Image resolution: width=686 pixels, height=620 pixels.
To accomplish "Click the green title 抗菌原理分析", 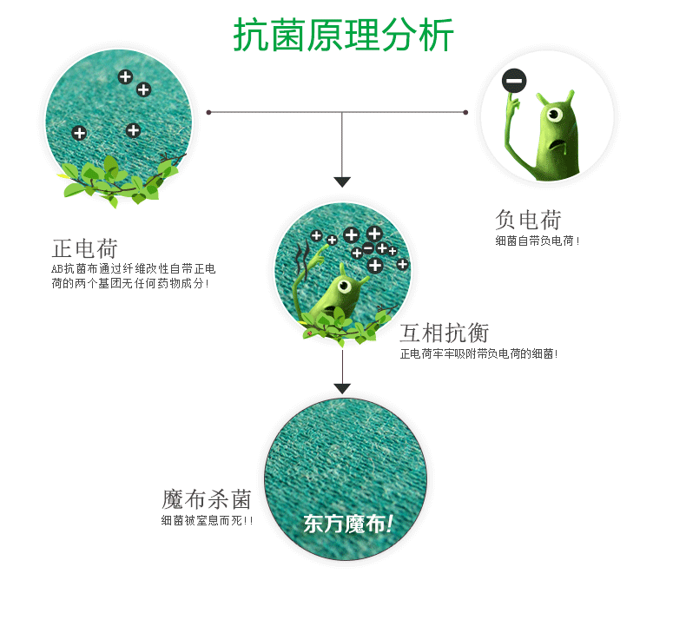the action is tap(343, 36).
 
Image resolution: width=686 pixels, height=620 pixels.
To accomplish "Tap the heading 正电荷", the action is tap(85, 248).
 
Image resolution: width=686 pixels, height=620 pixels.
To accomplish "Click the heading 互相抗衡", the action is tap(445, 333).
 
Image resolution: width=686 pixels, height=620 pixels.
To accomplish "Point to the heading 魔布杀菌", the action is tap(207, 499).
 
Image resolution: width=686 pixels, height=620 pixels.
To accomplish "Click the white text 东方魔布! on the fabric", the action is tap(347, 524).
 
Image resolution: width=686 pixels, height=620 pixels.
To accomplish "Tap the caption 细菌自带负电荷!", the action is tap(538, 241).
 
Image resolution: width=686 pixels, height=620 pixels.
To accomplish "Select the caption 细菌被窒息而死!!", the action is tap(208, 521).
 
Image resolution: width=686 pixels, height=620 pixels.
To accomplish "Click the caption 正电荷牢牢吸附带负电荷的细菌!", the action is tap(478, 353).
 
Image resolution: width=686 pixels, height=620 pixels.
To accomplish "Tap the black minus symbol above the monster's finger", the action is tap(514, 82).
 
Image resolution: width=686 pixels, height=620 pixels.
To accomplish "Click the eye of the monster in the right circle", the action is tap(553, 113).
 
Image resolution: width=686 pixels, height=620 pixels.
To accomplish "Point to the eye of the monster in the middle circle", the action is tap(345, 286).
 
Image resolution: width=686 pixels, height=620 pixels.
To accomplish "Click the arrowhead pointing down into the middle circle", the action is tap(342, 181).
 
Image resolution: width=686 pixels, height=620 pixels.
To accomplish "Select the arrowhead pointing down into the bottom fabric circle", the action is tap(342, 388).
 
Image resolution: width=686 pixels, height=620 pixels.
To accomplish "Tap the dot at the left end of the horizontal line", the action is tap(208, 112).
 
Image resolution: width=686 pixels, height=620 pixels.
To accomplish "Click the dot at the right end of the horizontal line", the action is tap(465, 112).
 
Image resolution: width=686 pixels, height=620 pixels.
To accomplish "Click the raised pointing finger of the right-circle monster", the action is tap(512, 103).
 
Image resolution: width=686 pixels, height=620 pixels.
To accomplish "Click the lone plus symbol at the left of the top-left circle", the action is tap(79, 133).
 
